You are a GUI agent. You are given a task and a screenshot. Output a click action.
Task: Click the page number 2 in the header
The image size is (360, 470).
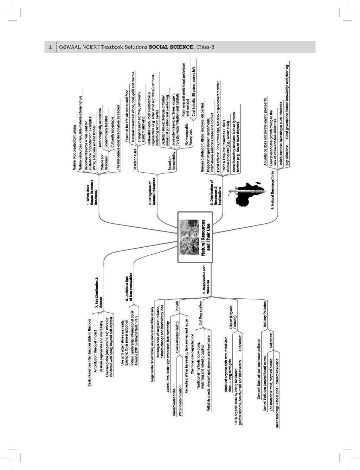click(50, 47)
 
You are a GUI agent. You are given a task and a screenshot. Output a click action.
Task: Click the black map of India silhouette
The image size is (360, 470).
click(250, 193)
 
